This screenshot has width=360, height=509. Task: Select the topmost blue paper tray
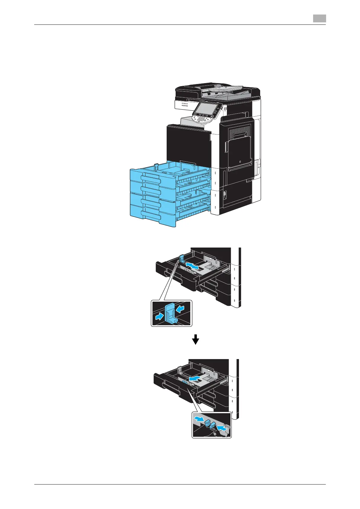151,178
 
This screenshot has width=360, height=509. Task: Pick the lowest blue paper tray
151,215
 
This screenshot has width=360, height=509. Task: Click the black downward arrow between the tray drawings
196,339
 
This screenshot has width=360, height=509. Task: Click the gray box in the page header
319,19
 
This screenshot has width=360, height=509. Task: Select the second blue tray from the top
151,190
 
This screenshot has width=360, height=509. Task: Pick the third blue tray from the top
151,203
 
